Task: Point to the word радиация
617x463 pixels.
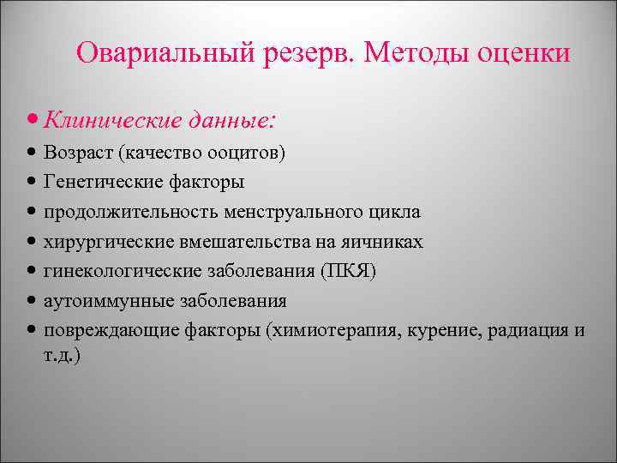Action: tap(524, 331)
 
